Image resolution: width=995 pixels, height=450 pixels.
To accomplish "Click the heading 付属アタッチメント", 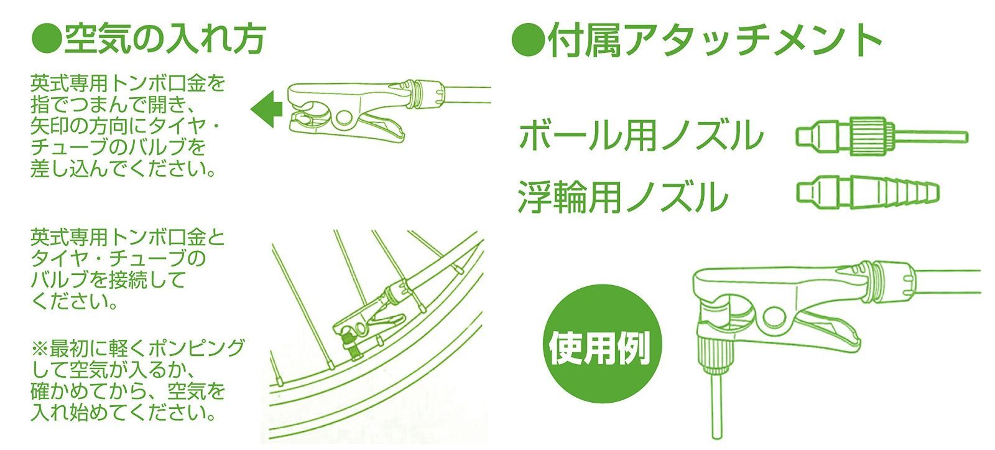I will (x=714, y=40).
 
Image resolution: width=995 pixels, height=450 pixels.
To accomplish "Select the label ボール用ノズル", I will (x=641, y=135).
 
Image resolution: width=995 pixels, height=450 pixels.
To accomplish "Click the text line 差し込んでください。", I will (x=124, y=169).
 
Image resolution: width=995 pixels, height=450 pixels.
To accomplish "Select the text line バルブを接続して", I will (x=108, y=280).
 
